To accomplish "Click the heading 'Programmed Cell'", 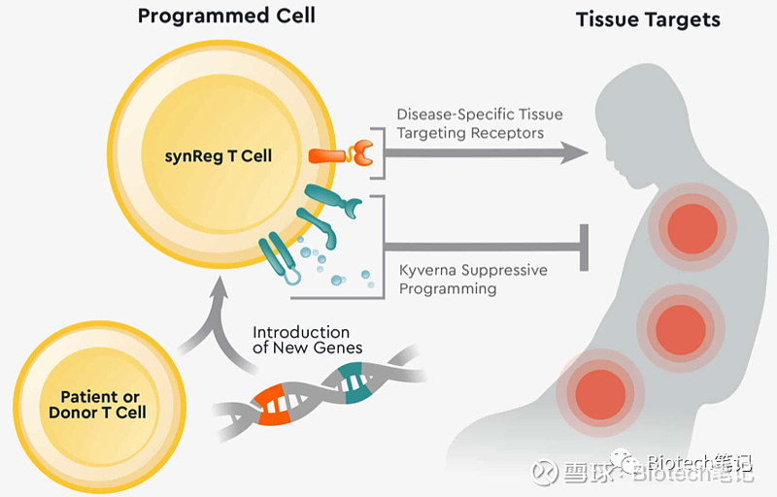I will coord(225,16).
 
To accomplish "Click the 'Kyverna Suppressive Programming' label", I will coord(473,279).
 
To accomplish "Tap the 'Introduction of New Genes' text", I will coord(307,340).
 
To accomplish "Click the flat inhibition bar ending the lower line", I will coord(586,248).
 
